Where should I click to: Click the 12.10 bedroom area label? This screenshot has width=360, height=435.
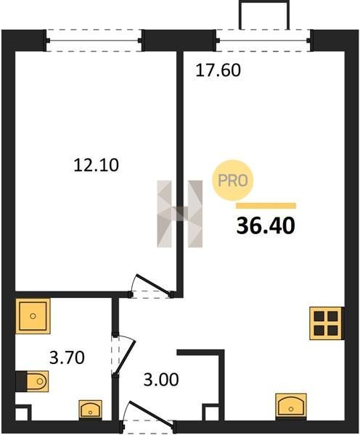[96, 165]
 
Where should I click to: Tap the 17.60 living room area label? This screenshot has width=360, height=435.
[218, 70]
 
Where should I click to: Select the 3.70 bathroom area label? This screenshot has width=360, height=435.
[67, 357]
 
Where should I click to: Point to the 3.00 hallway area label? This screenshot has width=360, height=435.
[161, 379]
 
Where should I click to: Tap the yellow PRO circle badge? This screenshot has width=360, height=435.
[233, 181]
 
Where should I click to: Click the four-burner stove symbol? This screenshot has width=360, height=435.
[326, 323]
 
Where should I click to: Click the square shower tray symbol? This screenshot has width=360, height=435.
[33, 316]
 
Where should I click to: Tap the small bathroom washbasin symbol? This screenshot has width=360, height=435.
[90, 409]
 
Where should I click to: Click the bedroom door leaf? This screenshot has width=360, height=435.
[152, 284]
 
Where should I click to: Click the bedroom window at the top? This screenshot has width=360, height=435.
[94, 41]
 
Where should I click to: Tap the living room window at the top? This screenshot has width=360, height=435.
[263, 41]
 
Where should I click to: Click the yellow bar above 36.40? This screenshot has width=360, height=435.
[266, 206]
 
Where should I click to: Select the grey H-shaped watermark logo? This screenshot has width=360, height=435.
[180, 214]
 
